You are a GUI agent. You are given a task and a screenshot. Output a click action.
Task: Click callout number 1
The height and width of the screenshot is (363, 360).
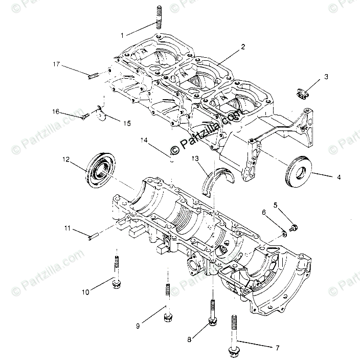(x=122, y=35)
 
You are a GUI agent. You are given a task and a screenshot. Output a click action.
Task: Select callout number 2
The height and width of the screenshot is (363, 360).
(x=243, y=47)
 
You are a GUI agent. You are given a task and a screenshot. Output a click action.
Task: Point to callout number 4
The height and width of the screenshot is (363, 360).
(x=337, y=177)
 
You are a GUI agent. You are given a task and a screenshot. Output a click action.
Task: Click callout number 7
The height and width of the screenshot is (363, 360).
(x=278, y=348)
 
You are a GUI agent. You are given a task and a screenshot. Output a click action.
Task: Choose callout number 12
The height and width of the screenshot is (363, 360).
(x=66, y=160)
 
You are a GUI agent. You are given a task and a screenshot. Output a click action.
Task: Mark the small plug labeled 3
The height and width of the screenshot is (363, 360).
(x=303, y=94)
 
